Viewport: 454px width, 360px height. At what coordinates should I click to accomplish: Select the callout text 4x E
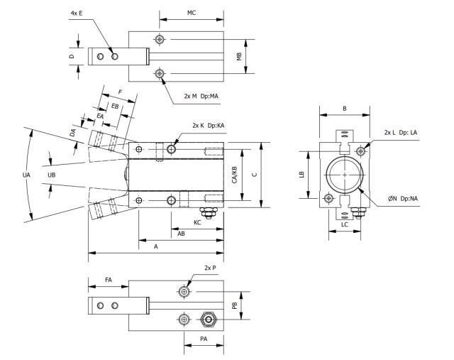coord(79,13)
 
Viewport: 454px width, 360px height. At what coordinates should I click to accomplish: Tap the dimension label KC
coord(199,222)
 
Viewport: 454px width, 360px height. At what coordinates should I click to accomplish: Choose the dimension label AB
coord(182,233)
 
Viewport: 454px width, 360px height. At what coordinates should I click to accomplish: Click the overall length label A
coord(155,246)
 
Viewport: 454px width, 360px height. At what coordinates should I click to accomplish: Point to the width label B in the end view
coord(344,109)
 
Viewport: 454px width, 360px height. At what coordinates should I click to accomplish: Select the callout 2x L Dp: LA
coord(403,133)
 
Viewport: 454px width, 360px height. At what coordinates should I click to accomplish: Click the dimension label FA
coord(108,280)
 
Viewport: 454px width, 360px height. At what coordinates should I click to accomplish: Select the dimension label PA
coord(204,339)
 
